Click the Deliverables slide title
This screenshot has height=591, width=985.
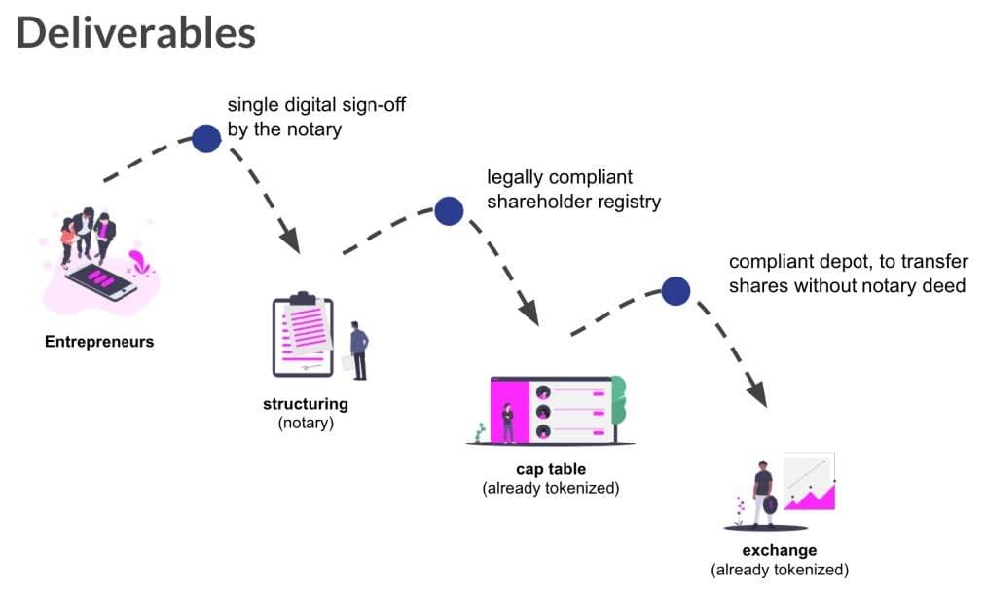click(x=135, y=33)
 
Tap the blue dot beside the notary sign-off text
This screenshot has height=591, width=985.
click(x=206, y=138)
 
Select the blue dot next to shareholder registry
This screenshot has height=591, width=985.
click(x=449, y=210)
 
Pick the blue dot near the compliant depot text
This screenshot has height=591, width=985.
click(x=675, y=291)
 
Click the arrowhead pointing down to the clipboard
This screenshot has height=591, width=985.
click(x=290, y=239)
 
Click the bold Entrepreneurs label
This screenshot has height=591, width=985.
click(x=99, y=342)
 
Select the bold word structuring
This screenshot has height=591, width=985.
click(x=306, y=404)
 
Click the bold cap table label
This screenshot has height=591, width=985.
click(x=551, y=469)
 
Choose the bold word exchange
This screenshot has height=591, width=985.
click(x=780, y=550)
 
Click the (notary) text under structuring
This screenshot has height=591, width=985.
click(x=306, y=423)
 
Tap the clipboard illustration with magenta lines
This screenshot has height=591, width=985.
click(x=303, y=334)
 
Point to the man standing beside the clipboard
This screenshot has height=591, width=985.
click(x=359, y=351)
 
